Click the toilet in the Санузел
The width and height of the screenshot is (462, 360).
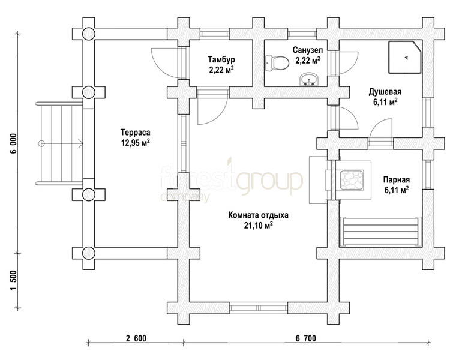pos(277,63)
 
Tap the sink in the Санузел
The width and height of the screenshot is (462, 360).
pos(309,80)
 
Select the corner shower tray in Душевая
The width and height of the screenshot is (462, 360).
pos(405,57)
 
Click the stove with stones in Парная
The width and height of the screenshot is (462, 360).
pos(352,180)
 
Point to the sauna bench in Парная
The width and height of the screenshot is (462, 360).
pos(380,232)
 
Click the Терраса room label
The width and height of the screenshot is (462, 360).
pos(135,132)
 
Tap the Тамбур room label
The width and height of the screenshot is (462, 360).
pos(221,59)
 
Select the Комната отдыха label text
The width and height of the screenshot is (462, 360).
pos(258,215)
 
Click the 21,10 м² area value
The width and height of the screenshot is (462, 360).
pos(258,226)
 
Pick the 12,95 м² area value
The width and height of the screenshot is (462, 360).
pos(135,143)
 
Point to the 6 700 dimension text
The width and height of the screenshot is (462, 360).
pos(306,338)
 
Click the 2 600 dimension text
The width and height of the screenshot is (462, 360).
pos(136,338)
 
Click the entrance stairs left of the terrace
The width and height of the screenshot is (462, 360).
pos(59,144)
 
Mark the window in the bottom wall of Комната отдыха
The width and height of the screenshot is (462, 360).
pos(259,308)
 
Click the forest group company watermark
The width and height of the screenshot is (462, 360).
pos(231,180)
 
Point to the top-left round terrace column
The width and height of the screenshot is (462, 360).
pos(88,34)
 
